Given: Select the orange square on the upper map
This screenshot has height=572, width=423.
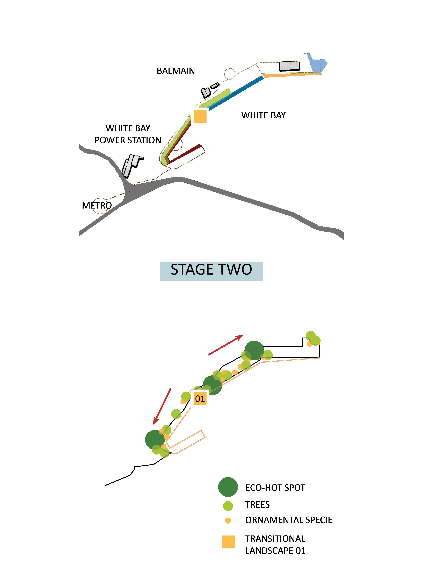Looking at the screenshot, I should point(200,116).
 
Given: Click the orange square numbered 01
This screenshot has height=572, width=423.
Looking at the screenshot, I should point(200,399).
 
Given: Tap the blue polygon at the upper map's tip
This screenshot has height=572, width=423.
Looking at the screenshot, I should point(318,65).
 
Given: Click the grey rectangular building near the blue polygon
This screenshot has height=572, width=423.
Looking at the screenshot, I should point(289,66).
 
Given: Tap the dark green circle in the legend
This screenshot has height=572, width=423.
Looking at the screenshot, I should point(228,487).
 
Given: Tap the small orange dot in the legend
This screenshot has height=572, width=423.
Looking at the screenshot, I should point(228,520).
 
